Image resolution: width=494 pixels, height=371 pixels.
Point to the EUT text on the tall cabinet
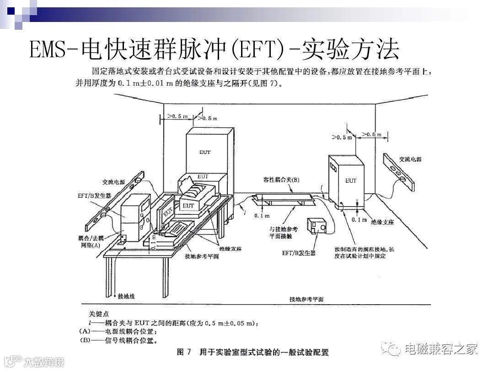point(205,152)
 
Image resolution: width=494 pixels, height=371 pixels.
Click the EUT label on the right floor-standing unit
point(351,180)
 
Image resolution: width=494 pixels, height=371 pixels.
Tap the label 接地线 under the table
point(126,296)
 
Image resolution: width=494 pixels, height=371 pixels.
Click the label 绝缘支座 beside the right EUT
point(382,221)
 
